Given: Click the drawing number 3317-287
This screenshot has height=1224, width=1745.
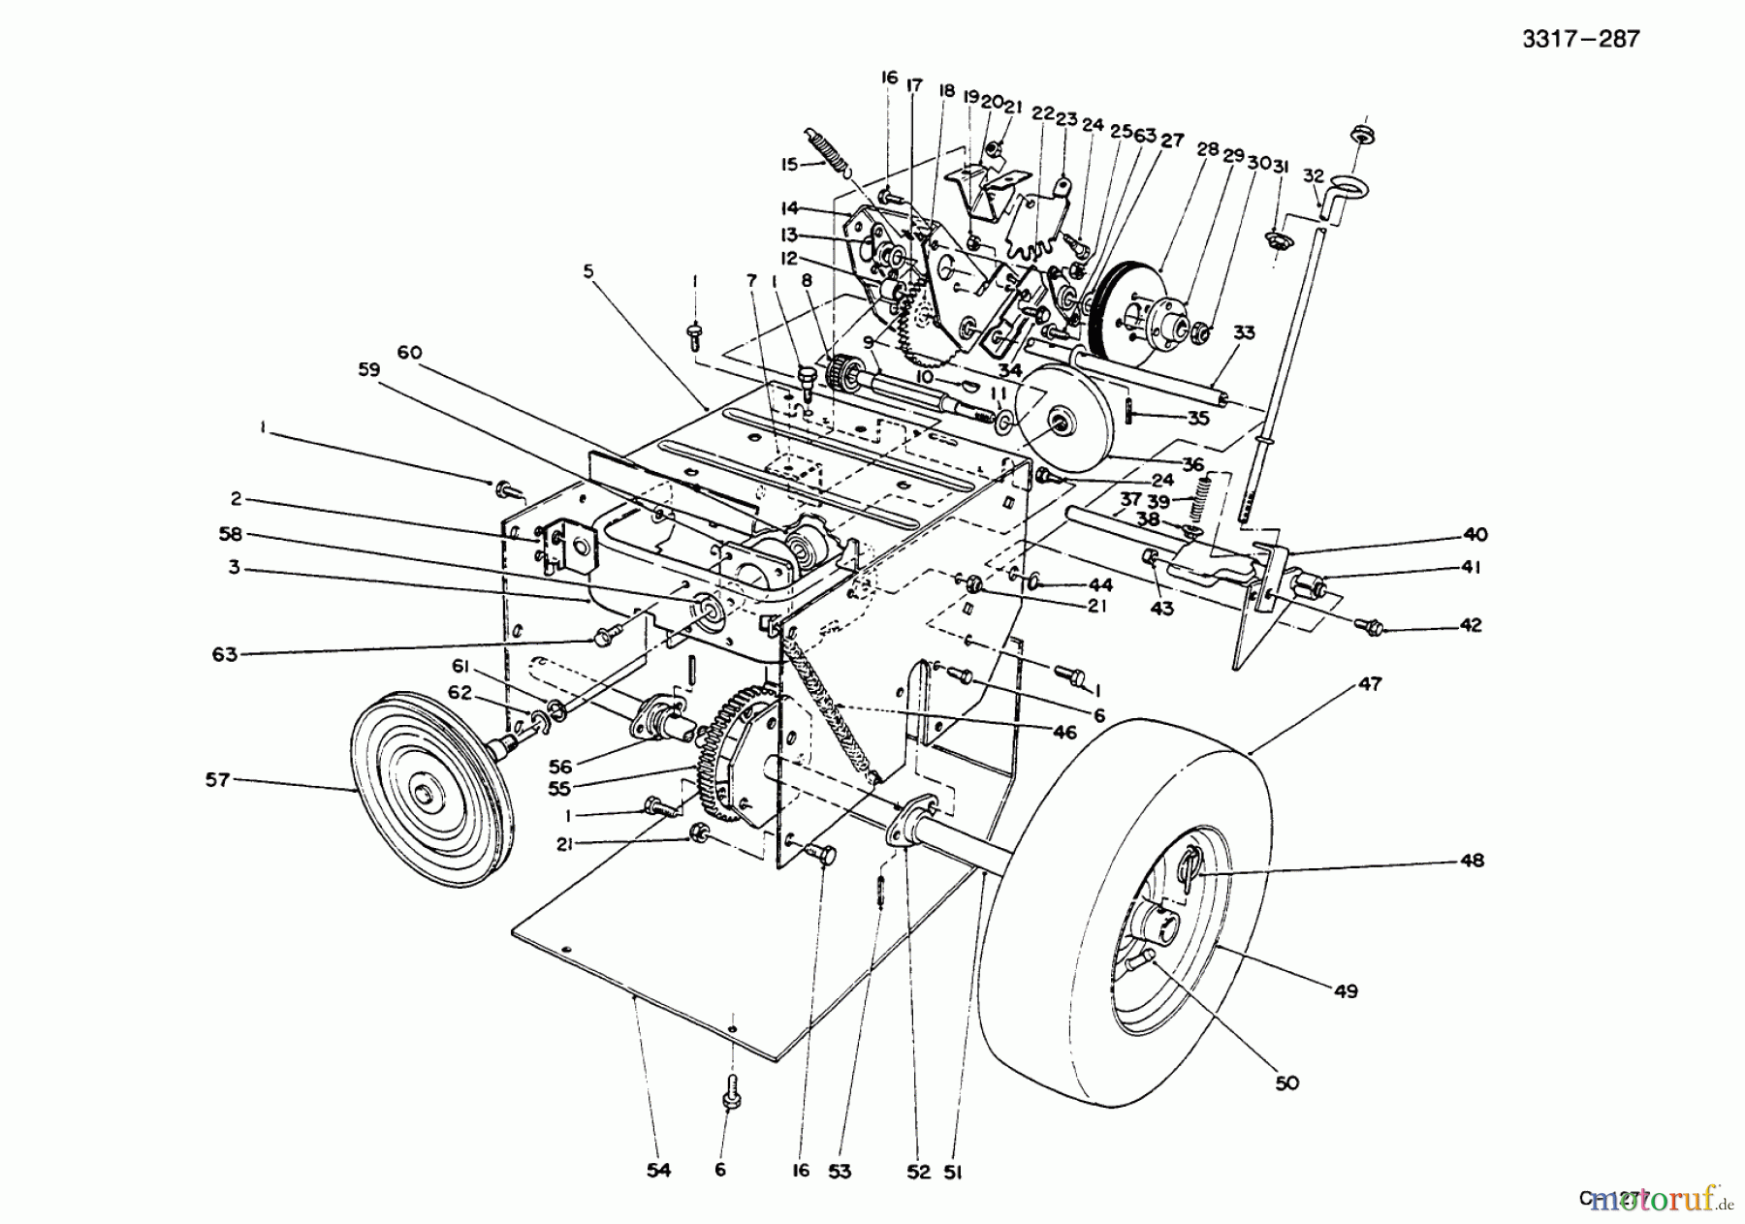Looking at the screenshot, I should [x=1579, y=39].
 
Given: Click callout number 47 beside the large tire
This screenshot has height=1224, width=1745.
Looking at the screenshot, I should [x=1369, y=684].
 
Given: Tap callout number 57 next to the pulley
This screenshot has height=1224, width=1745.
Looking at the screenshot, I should [x=217, y=779].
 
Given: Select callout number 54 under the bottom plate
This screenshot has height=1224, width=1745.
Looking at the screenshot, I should [x=659, y=1171].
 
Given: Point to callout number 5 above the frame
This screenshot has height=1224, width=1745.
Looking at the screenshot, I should [x=587, y=273].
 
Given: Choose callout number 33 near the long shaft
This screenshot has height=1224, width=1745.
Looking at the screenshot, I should [x=1244, y=332].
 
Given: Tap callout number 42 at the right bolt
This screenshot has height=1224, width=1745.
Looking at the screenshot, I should [x=1471, y=625].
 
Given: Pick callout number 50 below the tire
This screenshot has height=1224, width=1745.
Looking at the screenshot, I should [x=1285, y=1083].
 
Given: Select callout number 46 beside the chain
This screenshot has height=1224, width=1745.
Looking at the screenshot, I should [x=1064, y=733].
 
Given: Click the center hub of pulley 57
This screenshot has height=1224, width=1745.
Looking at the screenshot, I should [x=425, y=795].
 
